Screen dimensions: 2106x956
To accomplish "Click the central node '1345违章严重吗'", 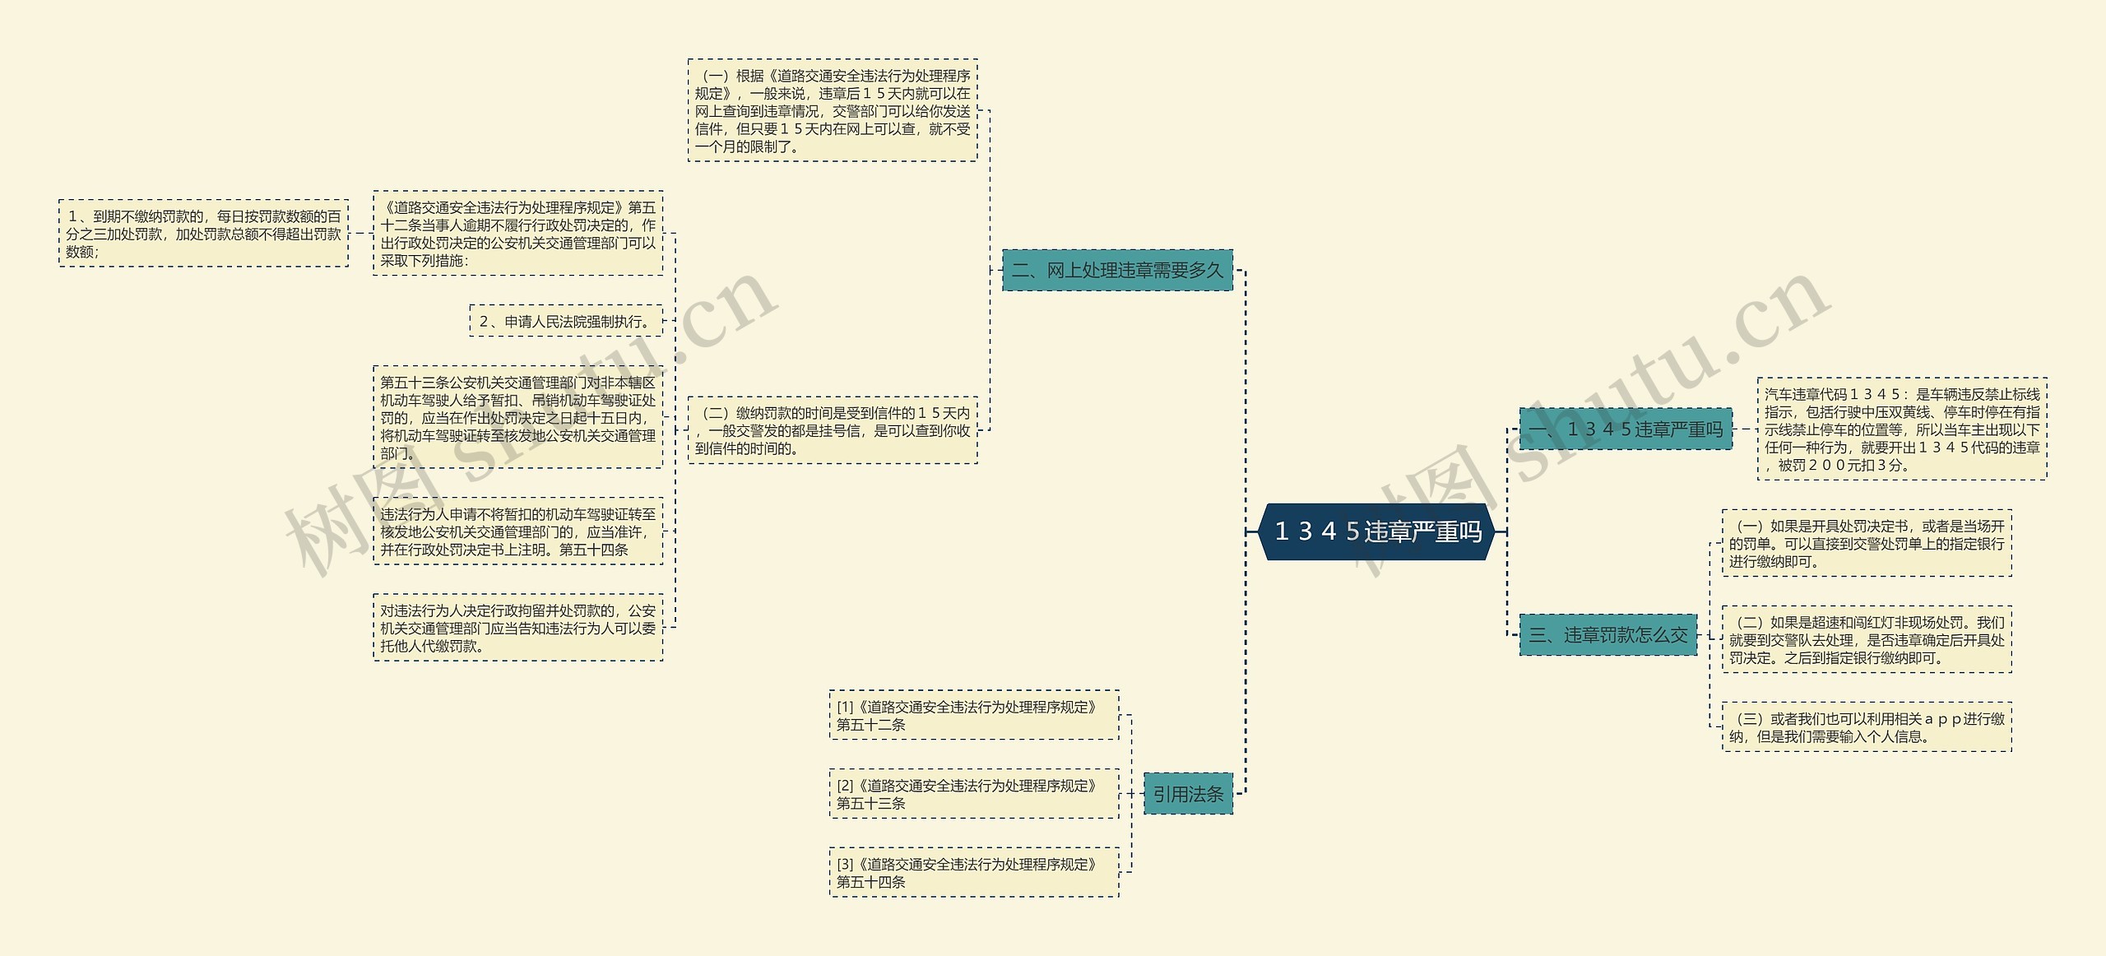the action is [x=1377, y=531].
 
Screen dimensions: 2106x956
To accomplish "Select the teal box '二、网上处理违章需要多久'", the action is [x=1116, y=271].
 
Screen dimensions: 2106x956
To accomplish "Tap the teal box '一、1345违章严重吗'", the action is [x=1625, y=429].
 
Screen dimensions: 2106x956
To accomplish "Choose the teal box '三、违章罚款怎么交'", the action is [x=1607, y=635].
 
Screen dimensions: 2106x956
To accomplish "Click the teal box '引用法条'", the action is [x=1188, y=794].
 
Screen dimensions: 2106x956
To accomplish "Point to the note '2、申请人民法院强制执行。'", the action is [x=566, y=321].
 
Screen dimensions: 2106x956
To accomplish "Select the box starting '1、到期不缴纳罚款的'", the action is [x=203, y=234].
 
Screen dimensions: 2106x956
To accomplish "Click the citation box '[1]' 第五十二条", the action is [x=974, y=715].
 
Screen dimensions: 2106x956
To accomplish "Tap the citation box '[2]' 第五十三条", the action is [x=974, y=794].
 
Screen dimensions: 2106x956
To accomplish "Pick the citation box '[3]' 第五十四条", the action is [x=974, y=872].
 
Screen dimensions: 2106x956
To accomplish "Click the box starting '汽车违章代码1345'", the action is [x=1901, y=429].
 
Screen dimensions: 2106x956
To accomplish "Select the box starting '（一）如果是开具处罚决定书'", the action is [x=1867, y=543].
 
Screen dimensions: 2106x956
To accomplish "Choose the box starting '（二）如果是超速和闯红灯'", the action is [x=1867, y=639].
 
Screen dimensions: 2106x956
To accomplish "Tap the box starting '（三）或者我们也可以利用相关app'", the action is [x=1867, y=727].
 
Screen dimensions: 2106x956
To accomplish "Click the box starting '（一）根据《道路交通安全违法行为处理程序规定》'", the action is [x=833, y=110].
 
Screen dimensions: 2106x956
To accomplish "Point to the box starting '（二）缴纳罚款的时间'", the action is [x=833, y=430].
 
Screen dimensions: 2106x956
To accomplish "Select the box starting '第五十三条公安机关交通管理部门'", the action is [x=517, y=417].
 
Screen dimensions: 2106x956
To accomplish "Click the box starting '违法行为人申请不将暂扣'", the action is [x=517, y=531].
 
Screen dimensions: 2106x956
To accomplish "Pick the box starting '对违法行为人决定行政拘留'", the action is [x=517, y=628].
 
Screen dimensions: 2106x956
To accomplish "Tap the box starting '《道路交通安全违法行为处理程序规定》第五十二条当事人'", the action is [x=517, y=234].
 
